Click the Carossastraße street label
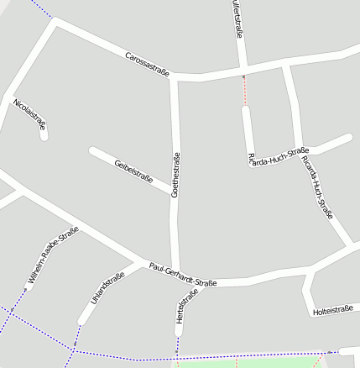(147, 65)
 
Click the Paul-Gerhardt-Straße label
(183, 275)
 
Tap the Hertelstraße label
(186, 307)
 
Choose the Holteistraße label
(331, 311)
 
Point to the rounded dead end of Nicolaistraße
(44, 134)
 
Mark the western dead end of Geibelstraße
(93, 152)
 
